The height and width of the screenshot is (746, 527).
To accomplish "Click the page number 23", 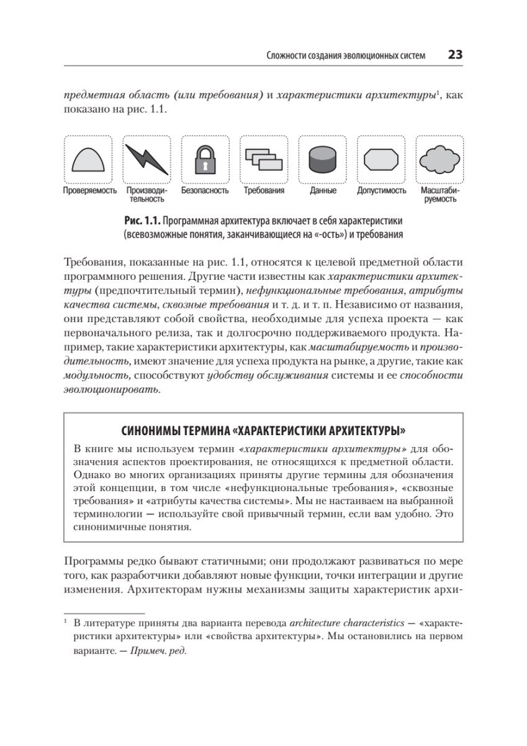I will point(455,55).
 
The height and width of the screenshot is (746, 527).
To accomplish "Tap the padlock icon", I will point(204,159).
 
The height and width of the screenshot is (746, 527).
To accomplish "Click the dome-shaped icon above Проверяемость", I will point(89,159).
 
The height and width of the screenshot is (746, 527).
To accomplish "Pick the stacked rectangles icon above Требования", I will point(263,159).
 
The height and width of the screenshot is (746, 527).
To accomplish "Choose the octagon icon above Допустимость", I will point(381,159).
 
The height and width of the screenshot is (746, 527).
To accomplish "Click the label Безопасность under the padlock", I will point(205,191).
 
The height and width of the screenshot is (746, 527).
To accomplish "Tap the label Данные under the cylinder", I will point(323,191).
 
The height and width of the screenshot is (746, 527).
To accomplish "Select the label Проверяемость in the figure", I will point(90,191).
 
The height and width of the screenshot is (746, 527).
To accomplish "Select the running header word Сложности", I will point(283,55).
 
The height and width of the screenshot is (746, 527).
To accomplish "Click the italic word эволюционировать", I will point(111,390).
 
